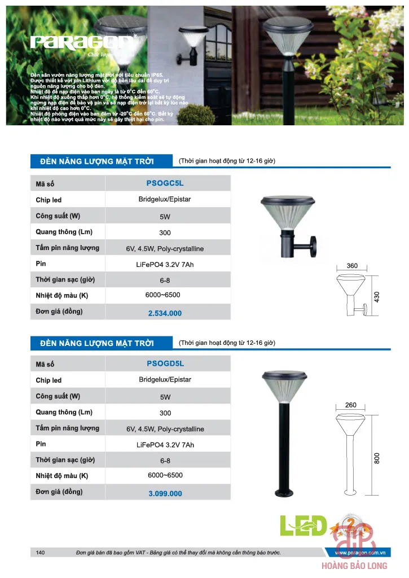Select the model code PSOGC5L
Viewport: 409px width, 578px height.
(x=165, y=183)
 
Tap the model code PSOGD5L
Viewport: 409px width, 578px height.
(x=165, y=364)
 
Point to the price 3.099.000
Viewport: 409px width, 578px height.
(x=165, y=493)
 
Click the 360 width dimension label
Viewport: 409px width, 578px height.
(x=352, y=266)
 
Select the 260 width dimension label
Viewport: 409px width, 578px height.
(x=351, y=405)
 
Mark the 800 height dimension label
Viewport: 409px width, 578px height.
(x=377, y=458)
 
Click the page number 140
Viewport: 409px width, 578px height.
(x=40, y=553)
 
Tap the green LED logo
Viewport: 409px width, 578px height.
(x=304, y=526)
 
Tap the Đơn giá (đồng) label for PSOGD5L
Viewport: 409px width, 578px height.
(x=59, y=492)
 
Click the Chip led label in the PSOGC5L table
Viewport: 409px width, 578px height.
(x=49, y=200)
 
